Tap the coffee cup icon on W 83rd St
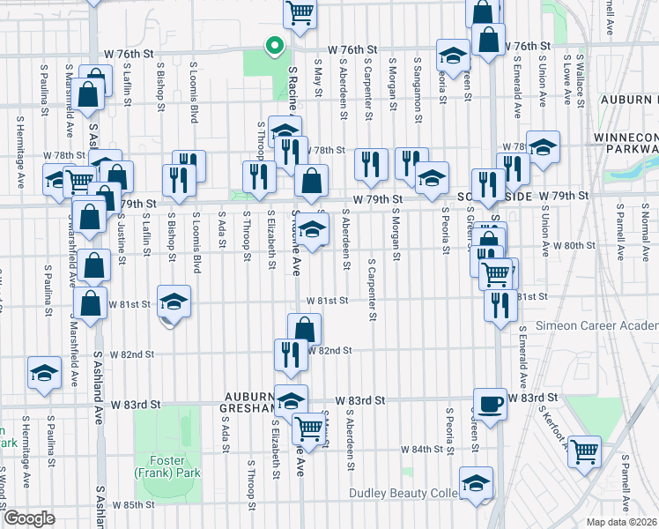point(490,404)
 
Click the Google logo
point(29,518)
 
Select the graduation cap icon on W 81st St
point(174,302)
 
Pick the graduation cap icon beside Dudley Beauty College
point(476,483)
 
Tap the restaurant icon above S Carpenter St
point(371,164)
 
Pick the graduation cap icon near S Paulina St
point(43,372)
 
